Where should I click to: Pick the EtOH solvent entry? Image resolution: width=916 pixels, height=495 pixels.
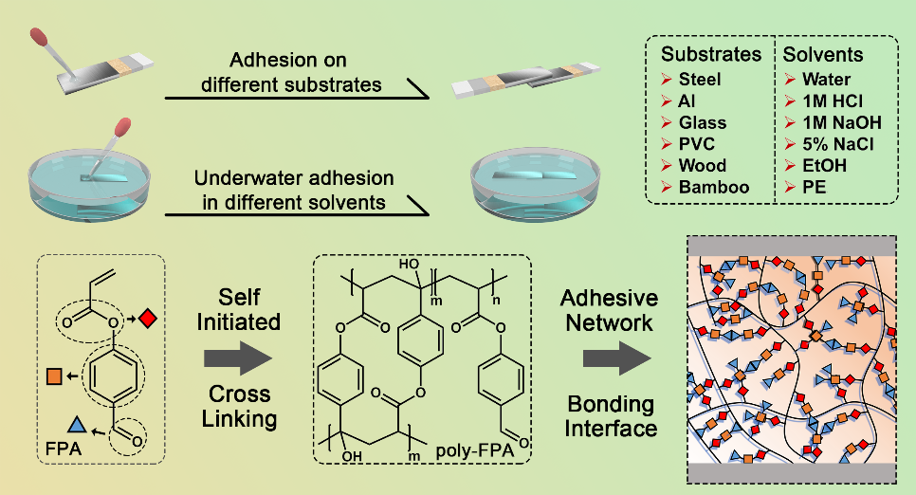click(x=821, y=165)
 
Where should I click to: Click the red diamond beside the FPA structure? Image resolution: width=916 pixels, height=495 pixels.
click(x=147, y=319)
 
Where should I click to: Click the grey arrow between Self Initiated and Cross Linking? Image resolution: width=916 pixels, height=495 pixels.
click(x=237, y=358)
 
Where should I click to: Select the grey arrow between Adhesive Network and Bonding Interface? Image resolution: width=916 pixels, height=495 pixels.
click(x=609, y=358)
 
